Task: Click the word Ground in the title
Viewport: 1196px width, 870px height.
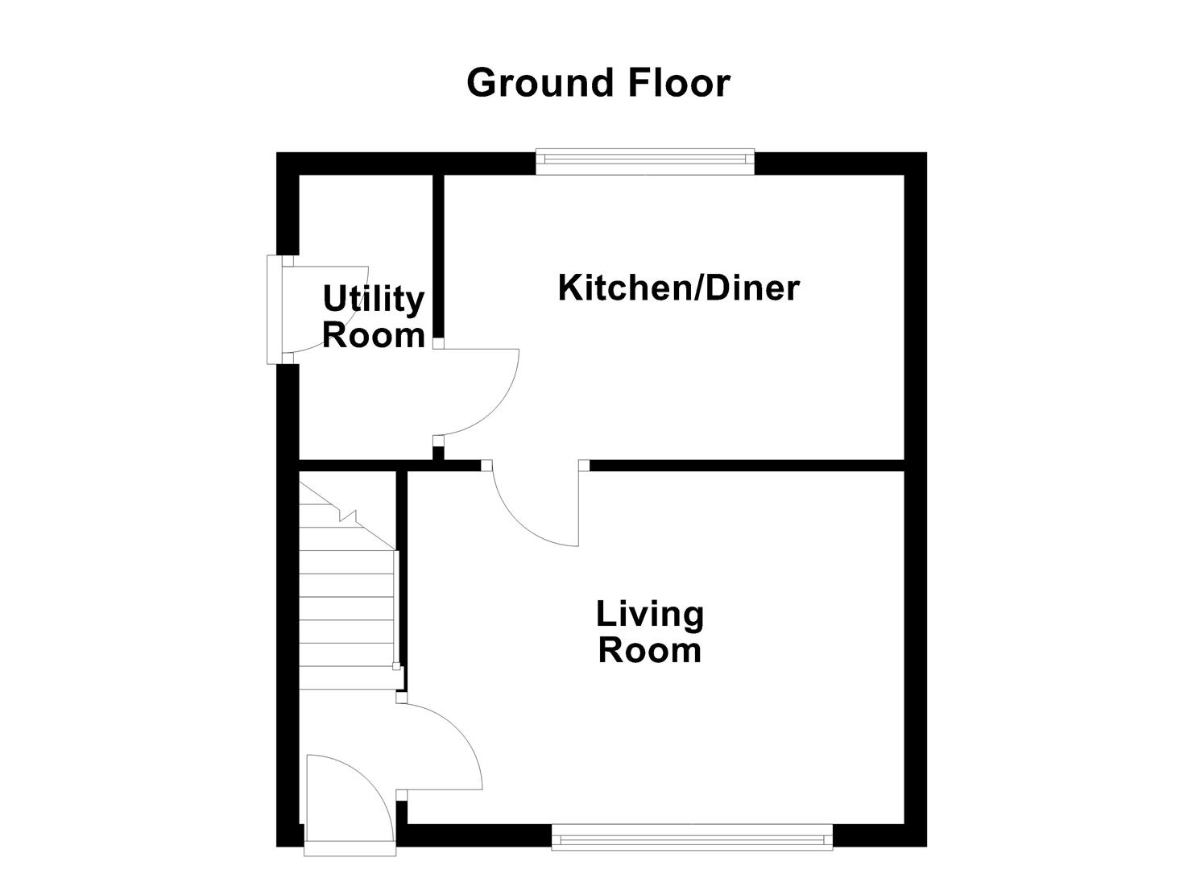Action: pyautogui.click(x=528, y=83)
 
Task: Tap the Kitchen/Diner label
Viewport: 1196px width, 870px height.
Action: pyautogui.click(x=678, y=288)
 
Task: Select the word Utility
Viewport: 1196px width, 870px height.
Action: pyautogui.click(x=373, y=299)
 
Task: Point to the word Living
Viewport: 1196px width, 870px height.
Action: pyautogui.click(x=649, y=614)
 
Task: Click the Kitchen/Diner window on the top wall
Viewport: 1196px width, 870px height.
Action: pyautogui.click(x=644, y=162)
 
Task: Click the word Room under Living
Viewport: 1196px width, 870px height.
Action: pyautogui.click(x=649, y=650)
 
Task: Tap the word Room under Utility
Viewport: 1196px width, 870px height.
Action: pyautogui.click(x=373, y=334)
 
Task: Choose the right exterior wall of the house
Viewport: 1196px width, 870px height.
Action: pyautogui.click(x=915, y=499)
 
